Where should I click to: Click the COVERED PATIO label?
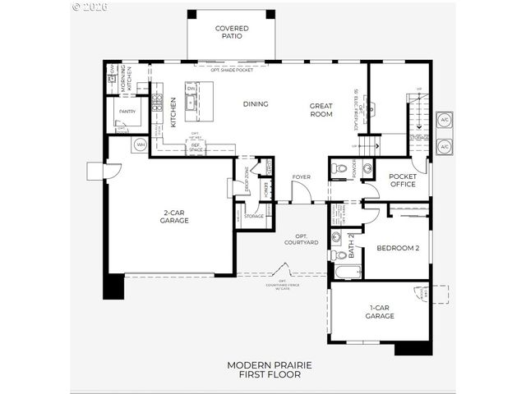tap(232, 33)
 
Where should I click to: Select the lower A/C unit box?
tap(444, 146)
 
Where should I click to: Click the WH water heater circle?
tap(141, 145)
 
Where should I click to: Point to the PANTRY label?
tap(127, 111)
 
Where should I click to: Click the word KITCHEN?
tap(173, 111)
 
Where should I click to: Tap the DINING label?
tap(256, 104)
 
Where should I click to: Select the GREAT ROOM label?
tap(321, 110)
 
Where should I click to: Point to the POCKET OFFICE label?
tap(403, 181)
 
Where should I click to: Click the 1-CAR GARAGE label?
tap(380, 312)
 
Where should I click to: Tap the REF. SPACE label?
tap(196, 148)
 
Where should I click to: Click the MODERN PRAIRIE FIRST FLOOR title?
tap(264, 369)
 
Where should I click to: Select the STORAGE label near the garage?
tap(254, 216)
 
